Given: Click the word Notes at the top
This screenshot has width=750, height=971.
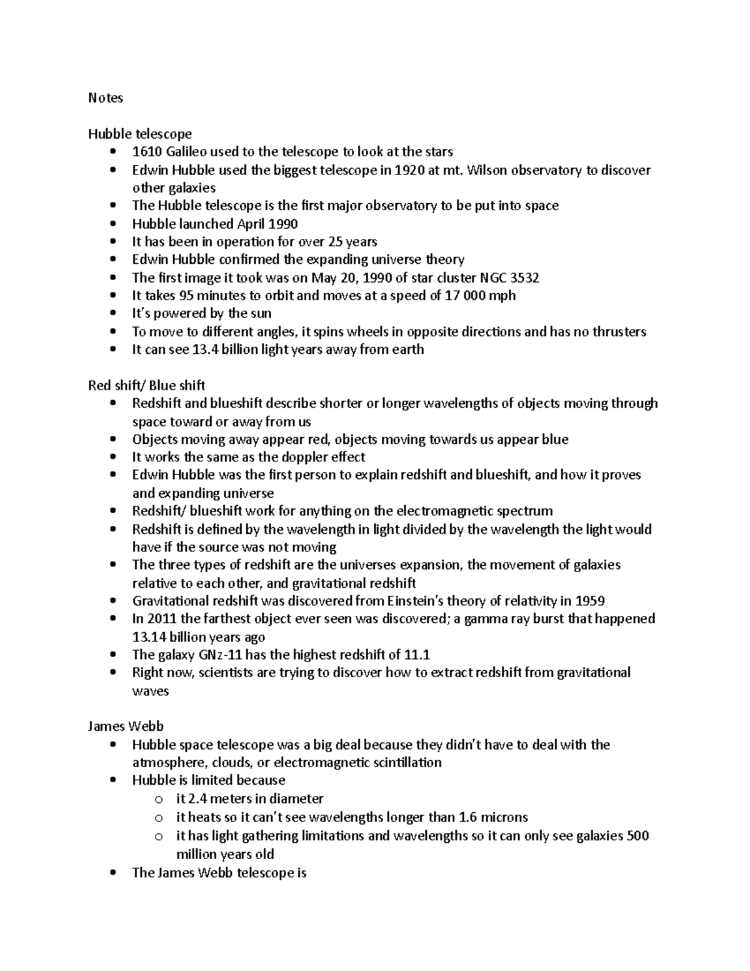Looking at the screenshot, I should tap(106, 98).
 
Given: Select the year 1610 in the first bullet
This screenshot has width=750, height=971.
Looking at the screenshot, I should tap(145, 152).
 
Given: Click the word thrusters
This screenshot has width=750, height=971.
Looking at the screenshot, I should tap(616, 331).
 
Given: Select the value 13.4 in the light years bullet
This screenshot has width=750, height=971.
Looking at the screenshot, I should tap(203, 350).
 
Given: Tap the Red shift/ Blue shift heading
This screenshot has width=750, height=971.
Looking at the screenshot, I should tap(146, 385).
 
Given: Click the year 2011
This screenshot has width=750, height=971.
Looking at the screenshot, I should tap(162, 619).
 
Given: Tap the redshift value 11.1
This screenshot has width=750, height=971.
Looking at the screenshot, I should tap(417, 655).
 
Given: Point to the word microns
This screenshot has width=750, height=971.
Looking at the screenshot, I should tap(506, 817).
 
